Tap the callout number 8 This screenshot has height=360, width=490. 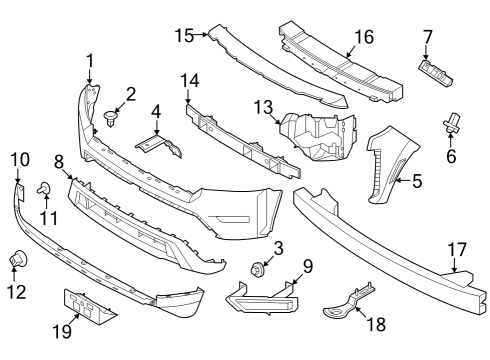[59, 160]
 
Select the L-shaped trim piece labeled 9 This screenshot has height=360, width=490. [262, 298]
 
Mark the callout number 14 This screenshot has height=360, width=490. [189, 79]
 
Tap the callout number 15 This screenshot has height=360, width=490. [183, 35]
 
